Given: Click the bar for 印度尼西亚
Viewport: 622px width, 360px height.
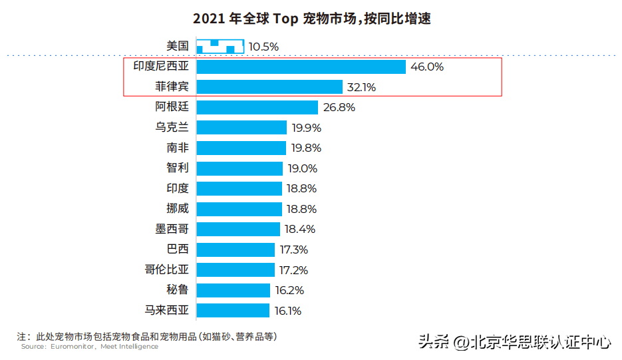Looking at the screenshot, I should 301,67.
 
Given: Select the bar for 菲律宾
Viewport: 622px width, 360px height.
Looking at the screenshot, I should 269,87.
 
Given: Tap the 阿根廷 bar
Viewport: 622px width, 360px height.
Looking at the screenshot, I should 257,107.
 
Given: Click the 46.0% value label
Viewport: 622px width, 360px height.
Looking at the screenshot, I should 427,67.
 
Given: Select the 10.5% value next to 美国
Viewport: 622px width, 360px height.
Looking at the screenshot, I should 263,47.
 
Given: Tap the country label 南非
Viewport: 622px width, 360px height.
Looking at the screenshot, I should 178,148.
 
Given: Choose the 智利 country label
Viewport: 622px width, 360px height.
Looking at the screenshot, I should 178,168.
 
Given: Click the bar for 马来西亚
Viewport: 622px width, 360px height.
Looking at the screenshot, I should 233,310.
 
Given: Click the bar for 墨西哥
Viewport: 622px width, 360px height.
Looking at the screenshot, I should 238,229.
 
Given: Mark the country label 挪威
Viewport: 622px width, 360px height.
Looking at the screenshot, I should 178,208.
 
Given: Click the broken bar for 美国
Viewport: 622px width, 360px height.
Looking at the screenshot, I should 220,47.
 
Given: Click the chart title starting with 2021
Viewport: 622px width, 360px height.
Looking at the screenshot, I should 311,19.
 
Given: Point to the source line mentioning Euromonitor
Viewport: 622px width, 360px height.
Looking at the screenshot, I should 90,347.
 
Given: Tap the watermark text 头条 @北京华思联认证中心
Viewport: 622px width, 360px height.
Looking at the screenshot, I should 514,343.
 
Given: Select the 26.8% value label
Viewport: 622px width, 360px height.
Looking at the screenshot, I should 339,107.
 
